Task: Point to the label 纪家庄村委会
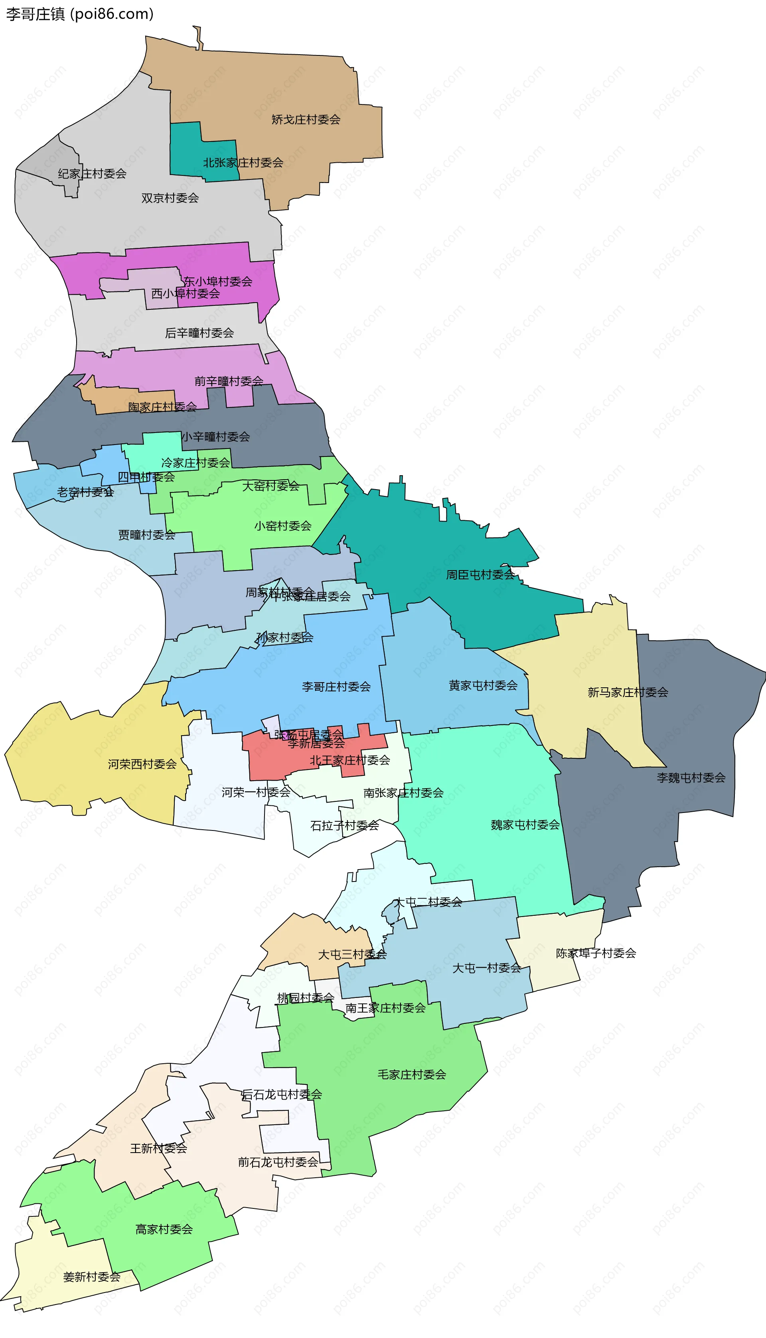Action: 92,174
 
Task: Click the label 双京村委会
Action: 170,198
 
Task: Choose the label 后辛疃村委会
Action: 199,333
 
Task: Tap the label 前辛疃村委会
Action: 229,381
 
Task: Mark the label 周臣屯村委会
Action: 480,575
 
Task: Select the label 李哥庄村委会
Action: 336,687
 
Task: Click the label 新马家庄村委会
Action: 628,693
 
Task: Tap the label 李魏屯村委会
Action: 691,777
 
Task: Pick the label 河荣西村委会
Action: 142,764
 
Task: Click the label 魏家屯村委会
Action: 525,825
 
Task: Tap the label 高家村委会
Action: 164,1229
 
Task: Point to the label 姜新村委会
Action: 92,1277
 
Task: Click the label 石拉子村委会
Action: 345,825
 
